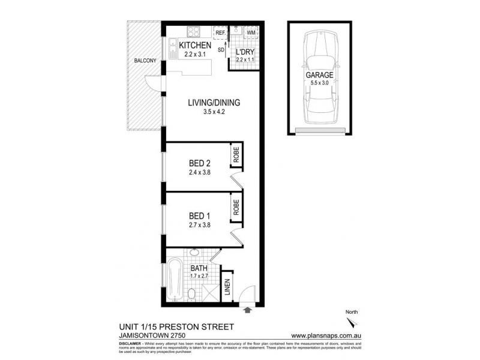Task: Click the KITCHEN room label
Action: click(193, 46)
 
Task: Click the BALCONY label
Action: click(146, 61)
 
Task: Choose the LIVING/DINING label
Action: click(213, 103)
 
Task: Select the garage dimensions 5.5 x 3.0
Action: click(319, 83)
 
